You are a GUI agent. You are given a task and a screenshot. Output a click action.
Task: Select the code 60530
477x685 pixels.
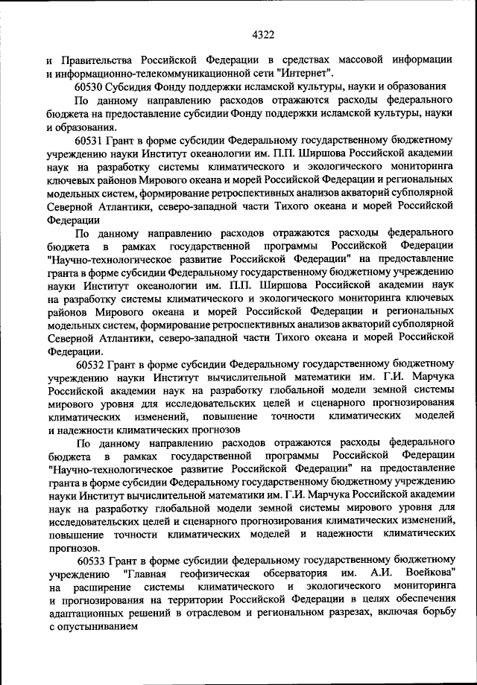(x=91, y=86)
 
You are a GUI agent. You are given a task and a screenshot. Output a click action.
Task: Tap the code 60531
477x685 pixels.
(x=91, y=139)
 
